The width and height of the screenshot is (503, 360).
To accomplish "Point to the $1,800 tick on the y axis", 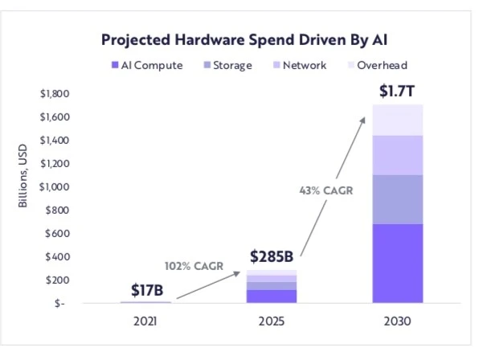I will coord(54,94).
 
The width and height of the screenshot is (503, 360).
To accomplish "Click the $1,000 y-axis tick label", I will coord(54,187).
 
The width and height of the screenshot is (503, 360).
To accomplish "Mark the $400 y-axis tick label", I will coord(55,257).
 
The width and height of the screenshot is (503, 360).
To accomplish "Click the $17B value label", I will coord(146,290).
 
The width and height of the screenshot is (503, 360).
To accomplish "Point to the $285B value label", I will coord(272,257).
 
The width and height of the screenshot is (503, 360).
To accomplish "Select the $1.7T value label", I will coord(398,91).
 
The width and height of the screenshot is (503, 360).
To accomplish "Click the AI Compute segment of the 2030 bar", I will coord(398,263).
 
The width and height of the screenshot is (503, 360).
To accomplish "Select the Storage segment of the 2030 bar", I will coord(398,199).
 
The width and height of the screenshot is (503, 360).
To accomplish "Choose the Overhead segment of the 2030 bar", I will coord(398,120).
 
